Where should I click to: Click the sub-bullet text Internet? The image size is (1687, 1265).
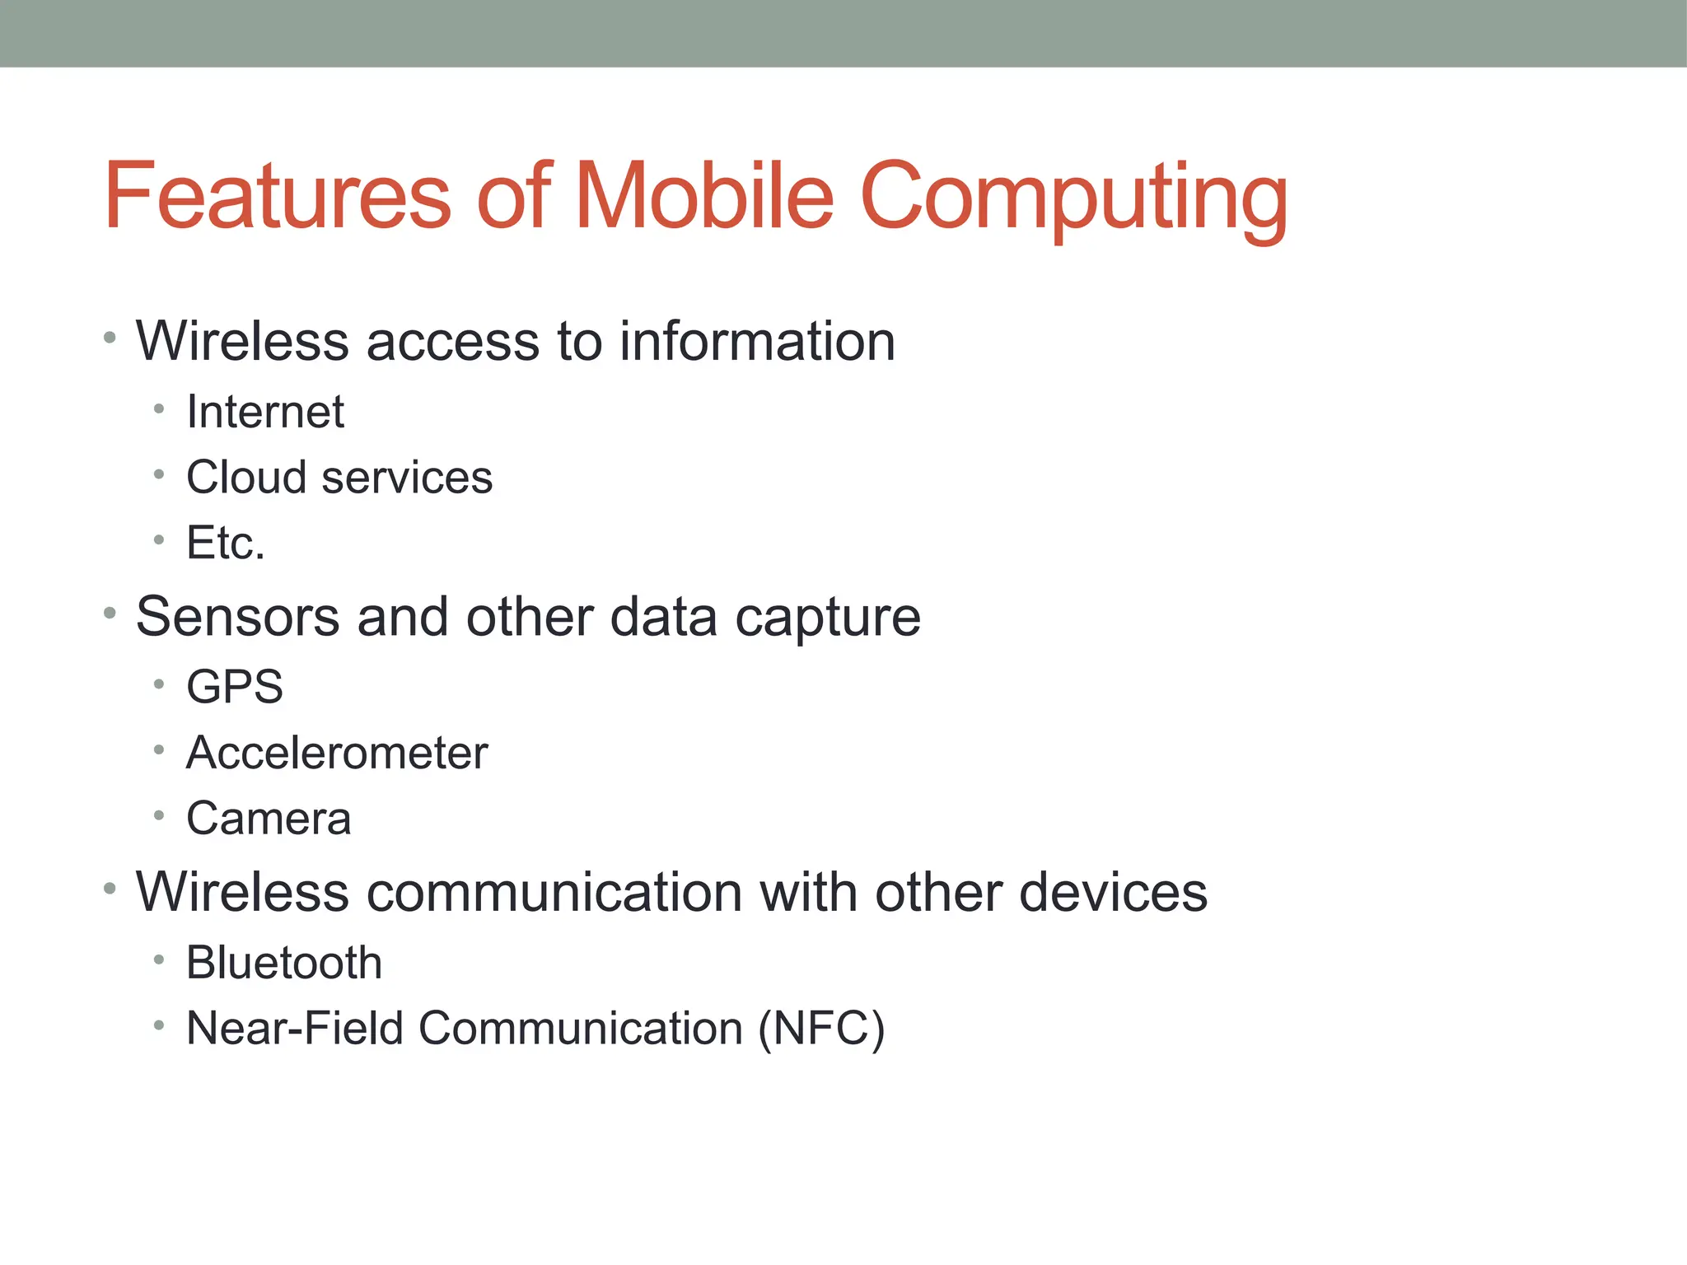point(265,412)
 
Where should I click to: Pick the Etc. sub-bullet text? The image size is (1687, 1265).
point(226,543)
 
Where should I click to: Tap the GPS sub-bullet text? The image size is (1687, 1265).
point(235,687)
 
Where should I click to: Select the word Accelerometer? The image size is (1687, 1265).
point(337,753)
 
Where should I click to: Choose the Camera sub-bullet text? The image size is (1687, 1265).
point(269,819)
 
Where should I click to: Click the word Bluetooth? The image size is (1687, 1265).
point(284,963)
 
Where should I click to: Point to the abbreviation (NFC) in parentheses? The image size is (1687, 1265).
point(821,1029)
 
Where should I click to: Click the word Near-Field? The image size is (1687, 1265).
point(295,1029)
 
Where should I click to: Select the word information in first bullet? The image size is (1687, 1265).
point(757,342)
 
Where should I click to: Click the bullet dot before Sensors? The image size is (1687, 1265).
point(110,613)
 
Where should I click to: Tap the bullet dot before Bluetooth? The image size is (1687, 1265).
point(159,959)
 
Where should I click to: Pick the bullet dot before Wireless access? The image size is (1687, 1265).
point(110,337)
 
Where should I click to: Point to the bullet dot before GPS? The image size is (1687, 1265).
point(159,684)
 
